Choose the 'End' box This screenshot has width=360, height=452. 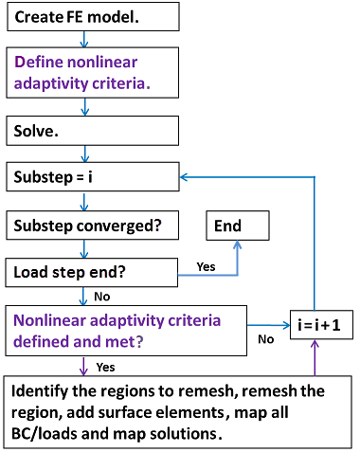tap(238, 226)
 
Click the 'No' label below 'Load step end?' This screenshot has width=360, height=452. tap(102, 296)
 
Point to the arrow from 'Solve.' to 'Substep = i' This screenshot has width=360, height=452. tap(85, 153)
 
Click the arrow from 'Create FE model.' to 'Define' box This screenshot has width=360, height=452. tap(85, 39)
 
